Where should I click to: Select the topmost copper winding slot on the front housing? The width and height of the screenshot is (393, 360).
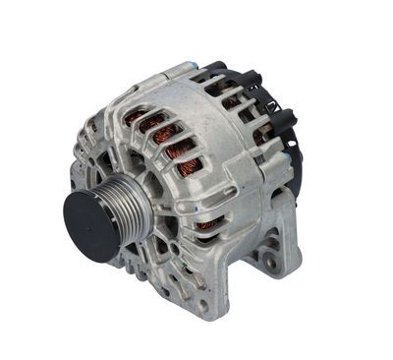pyautogui.click(x=134, y=118)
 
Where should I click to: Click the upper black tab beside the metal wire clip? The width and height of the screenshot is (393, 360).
pyautogui.click(x=281, y=118)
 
